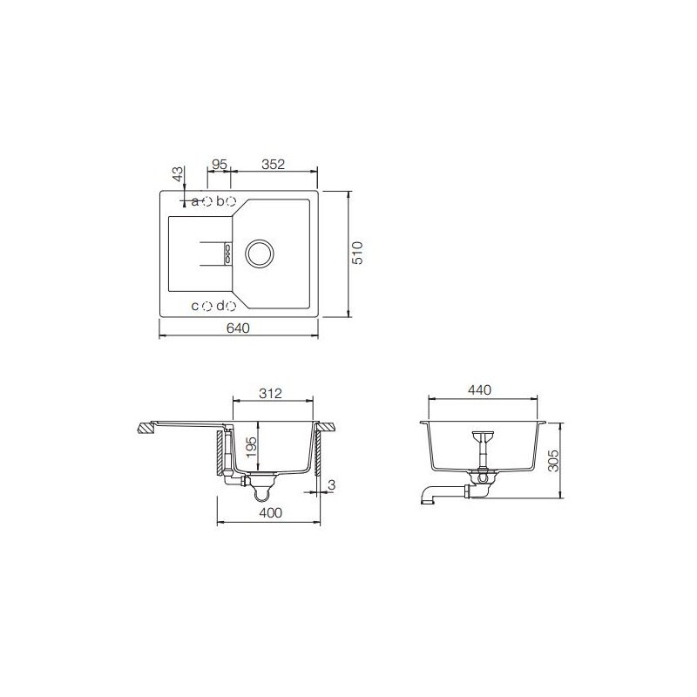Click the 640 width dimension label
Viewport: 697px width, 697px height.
click(238, 328)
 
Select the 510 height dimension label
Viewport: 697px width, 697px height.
click(357, 253)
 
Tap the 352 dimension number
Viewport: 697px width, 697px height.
click(273, 165)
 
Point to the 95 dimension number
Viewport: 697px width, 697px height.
click(220, 165)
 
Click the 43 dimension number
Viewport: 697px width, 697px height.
click(178, 173)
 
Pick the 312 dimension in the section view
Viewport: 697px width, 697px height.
click(270, 394)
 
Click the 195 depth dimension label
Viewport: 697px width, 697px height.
click(252, 447)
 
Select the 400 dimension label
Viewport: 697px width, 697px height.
click(270, 512)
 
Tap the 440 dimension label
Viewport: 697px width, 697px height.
click(480, 389)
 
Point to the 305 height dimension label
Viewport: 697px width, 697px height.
click(553, 461)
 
